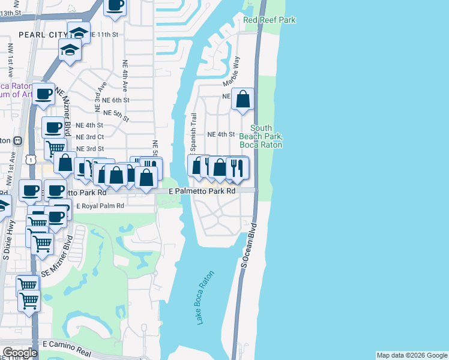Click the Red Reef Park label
270,20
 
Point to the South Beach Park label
261,136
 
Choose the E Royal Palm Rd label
99,205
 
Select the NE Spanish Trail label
194,133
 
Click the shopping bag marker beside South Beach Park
243,99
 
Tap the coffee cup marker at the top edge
115,5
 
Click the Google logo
20,353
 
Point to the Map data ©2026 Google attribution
412,355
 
